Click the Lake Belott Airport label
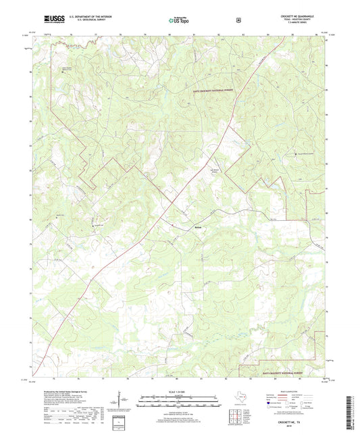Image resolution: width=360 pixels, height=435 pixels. (x=197, y=172)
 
